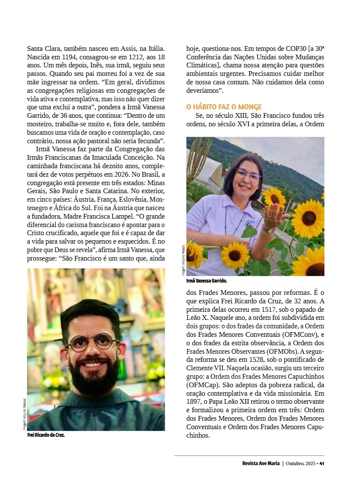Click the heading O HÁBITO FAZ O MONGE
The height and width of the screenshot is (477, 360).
[x=224, y=107]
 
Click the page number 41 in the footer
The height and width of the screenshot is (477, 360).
[x=322, y=463]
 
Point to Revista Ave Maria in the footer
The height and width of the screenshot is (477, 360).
[x=258, y=463]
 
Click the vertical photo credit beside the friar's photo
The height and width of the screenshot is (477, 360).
[x=25, y=415]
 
